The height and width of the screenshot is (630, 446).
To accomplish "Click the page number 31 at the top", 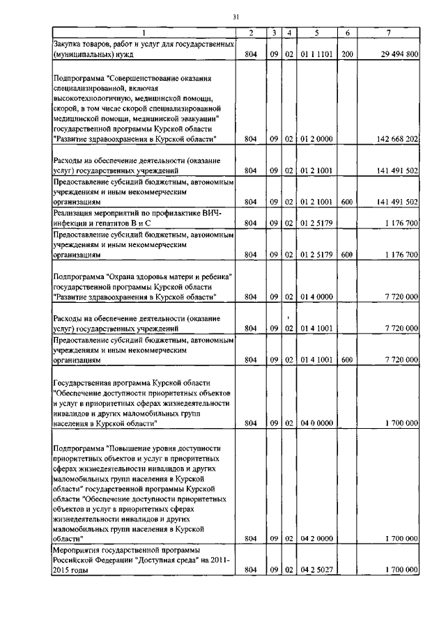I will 236,17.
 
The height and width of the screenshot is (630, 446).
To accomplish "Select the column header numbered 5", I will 316,33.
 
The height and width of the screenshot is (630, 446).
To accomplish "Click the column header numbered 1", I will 144,33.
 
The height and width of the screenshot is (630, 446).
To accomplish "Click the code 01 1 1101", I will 316,54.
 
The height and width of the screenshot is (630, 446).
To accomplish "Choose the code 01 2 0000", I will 316,139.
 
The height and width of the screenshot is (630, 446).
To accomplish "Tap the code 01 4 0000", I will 316,297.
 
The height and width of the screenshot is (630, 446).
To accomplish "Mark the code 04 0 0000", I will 316,423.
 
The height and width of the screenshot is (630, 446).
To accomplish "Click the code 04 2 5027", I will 316,570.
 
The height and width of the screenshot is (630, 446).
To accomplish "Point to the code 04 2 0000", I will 316,539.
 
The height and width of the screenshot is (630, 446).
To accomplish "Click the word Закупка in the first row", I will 69,44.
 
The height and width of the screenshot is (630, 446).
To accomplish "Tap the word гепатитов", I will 103,223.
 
